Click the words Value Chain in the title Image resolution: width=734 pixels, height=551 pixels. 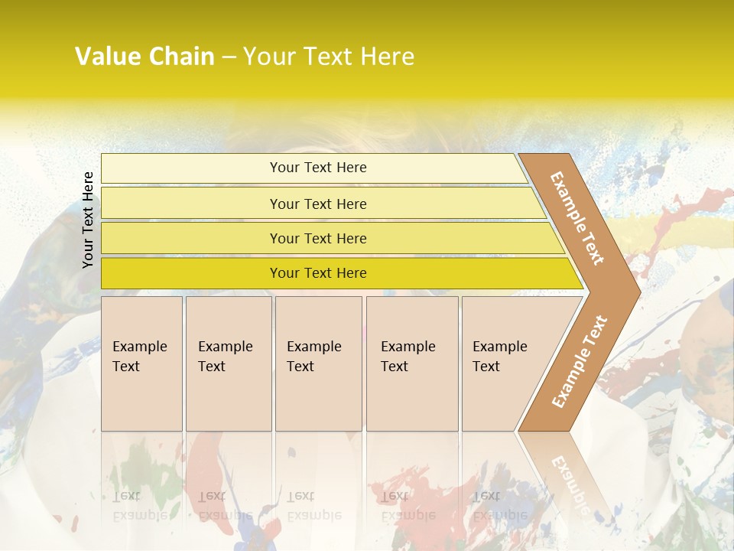coord(145,57)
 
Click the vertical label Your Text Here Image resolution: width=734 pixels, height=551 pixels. coord(88,220)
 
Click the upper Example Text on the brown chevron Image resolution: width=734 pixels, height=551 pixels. coord(577,218)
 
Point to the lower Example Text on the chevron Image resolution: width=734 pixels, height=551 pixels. coord(580,362)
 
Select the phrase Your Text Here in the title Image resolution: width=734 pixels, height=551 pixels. coord(329,57)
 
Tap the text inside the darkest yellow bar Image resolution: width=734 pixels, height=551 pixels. coord(318,273)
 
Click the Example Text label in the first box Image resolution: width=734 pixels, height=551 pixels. coord(139,357)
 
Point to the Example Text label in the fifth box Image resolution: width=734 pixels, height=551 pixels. coord(499,357)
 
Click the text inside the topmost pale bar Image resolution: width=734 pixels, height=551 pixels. coord(318,168)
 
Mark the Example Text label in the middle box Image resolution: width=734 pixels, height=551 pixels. coord(313,357)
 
